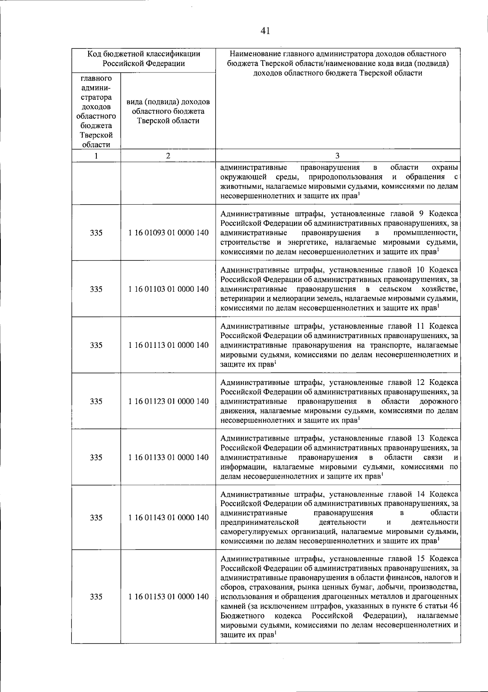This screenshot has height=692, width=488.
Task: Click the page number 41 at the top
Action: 265,31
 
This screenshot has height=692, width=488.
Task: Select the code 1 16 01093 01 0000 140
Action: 168,233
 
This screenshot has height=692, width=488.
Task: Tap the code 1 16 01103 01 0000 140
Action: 168,289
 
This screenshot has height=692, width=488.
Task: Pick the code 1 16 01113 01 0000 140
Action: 168,345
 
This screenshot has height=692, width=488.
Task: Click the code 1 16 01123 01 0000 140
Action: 168,401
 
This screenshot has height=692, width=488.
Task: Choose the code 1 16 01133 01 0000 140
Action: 168,457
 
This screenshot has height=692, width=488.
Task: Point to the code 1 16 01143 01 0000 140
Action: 168,517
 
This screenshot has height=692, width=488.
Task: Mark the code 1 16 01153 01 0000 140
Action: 168,596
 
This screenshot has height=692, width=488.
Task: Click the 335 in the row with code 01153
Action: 96,596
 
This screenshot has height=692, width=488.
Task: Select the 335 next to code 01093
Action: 96,233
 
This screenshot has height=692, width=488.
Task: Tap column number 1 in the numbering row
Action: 96,155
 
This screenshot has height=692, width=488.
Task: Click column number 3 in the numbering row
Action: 338,155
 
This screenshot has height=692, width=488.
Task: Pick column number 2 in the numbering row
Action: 168,155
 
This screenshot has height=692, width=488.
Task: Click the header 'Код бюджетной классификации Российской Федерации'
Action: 144,59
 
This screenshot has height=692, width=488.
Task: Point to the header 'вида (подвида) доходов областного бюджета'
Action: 168,111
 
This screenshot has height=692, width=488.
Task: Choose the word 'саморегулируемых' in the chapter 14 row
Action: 249,531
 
